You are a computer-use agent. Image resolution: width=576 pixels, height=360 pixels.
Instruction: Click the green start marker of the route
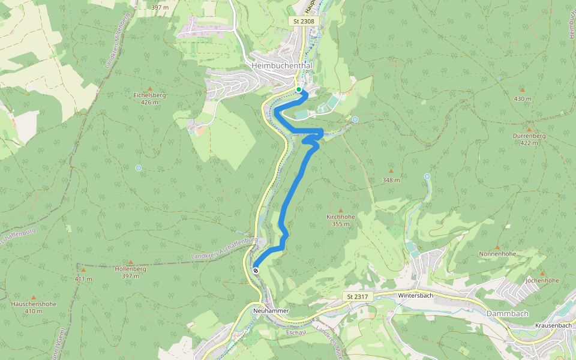(x=298, y=89)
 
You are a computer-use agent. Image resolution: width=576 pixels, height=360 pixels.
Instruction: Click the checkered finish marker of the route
(x=256, y=271)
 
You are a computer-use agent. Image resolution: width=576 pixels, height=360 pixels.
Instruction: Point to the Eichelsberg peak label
(x=149, y=95)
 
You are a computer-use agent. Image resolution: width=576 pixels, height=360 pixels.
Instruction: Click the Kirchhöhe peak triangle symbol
(x=341, y=210)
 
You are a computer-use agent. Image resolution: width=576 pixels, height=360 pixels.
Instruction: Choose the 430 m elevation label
(x=523, y=98)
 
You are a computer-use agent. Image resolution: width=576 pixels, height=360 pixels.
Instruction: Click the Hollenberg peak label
(x=130, y=269)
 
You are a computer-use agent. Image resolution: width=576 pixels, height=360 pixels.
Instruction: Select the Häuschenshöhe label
(x=34, y=304)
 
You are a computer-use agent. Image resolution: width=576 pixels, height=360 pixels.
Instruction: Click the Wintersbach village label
(x=415, y=296)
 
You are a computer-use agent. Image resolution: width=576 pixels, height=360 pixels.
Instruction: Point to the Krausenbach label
(x=553, y=325)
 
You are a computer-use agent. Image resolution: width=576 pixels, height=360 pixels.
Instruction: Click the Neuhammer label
(x=271, y=311)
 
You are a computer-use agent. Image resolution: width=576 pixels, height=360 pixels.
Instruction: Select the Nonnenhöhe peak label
(x=497, y=254)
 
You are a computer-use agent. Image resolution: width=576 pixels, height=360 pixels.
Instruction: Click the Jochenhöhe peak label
(x=542, y=280)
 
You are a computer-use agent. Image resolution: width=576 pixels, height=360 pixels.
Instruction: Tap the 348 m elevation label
(x=391, y=180)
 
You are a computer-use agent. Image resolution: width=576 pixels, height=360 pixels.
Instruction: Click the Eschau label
(x=296, y=332)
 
